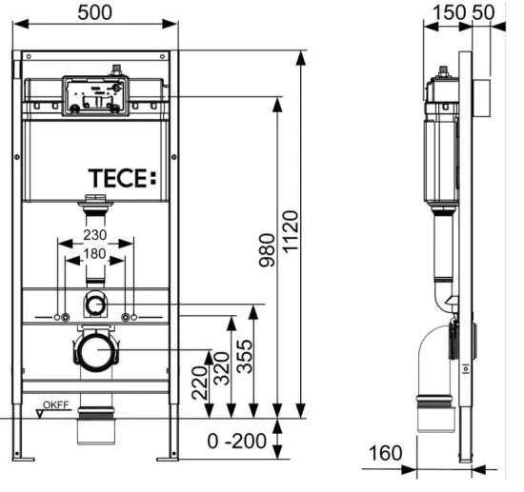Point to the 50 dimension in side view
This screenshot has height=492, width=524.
click(x=483, y=13)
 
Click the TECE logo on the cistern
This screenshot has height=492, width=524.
click(x=119, y=178)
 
